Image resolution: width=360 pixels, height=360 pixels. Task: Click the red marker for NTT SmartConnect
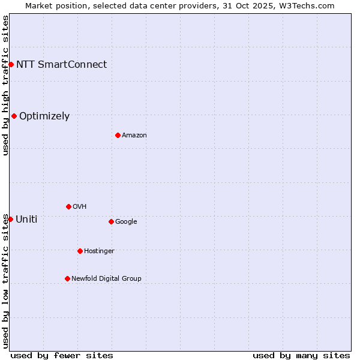11,64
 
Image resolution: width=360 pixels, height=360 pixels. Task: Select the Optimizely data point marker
14,116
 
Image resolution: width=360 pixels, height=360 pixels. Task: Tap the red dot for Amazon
118,135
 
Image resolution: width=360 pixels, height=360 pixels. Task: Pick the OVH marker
68,206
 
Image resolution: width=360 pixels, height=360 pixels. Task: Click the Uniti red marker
10,219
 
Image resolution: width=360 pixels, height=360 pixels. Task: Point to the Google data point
111,221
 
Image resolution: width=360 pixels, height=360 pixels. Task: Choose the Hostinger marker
80,251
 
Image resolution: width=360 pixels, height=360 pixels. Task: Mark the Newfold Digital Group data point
67,278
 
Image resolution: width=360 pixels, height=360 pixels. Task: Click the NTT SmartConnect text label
61,64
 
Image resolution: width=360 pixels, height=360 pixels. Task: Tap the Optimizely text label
44,116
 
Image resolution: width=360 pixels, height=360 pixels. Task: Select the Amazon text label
134,135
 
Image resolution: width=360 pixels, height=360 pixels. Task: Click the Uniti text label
26,219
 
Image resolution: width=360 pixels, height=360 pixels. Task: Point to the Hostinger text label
99,251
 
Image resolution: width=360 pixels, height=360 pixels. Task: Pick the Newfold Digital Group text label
106,278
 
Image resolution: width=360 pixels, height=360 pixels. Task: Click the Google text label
126,221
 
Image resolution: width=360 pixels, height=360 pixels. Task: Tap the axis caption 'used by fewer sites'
62,355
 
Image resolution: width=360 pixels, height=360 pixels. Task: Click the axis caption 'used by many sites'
301,355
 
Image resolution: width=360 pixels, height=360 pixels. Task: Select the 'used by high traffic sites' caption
5,85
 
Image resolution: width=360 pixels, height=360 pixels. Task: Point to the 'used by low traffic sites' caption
5,280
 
